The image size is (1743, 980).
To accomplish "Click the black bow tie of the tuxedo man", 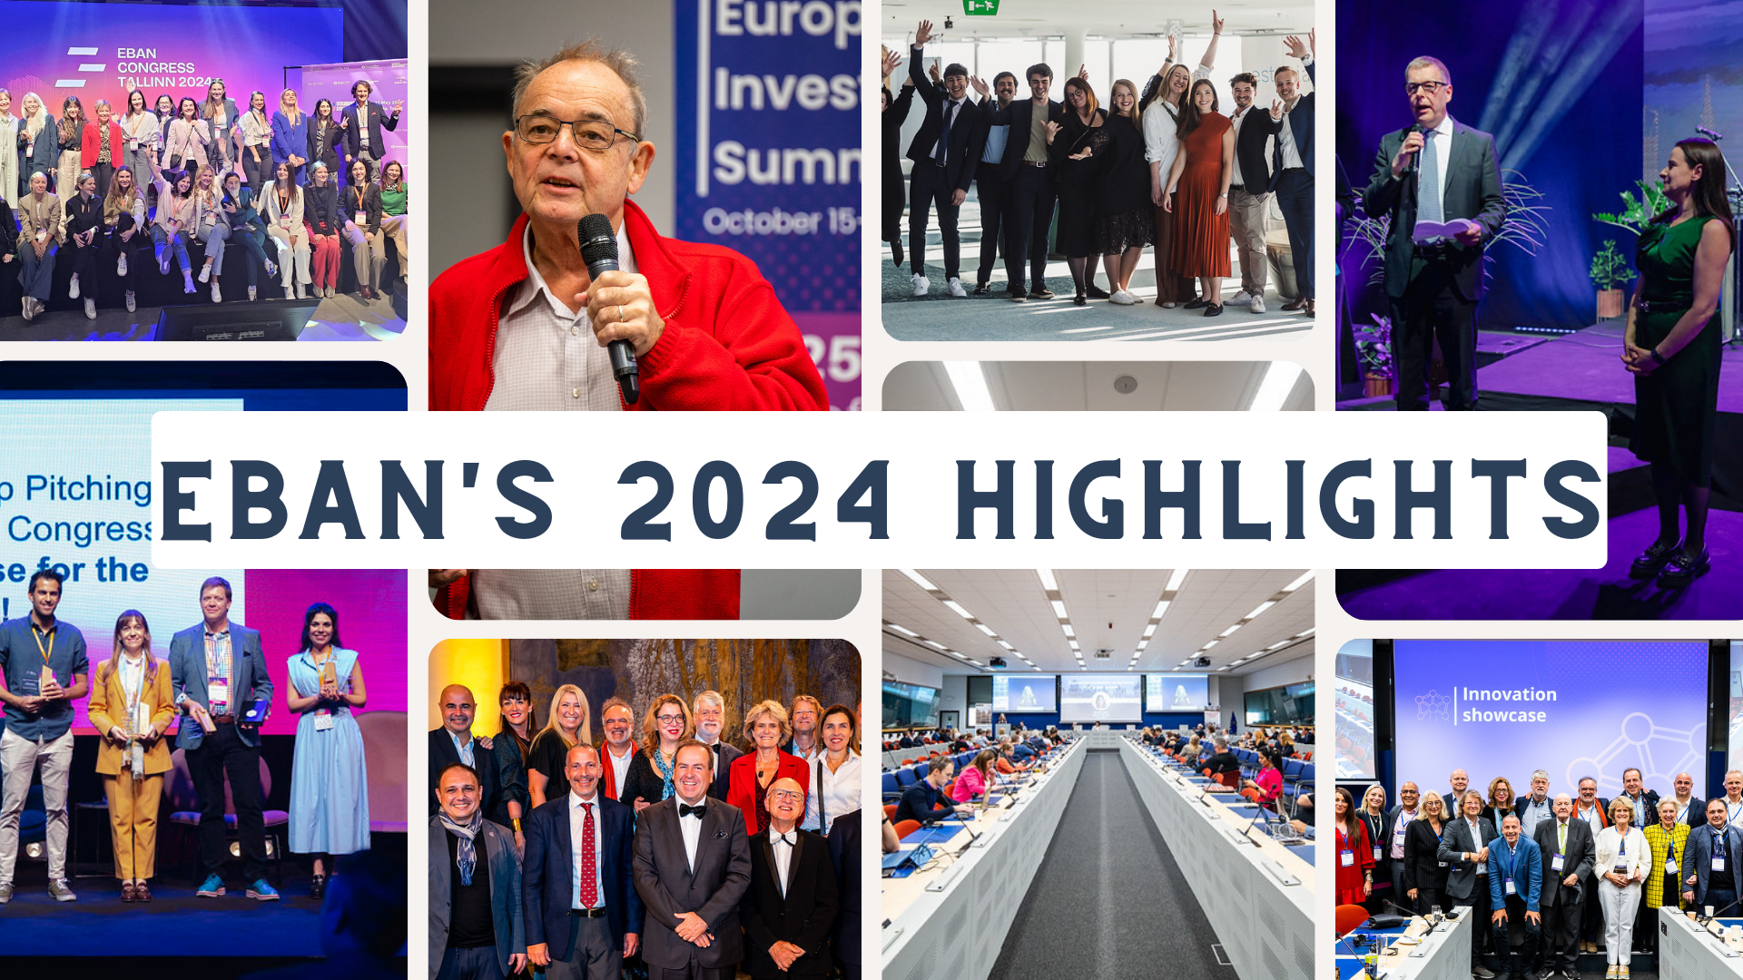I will [692, 810].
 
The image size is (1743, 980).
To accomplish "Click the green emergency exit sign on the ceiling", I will [980, 7].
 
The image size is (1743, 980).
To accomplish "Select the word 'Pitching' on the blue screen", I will [87, 489].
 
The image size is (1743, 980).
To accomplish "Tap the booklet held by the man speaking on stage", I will [1443, 230].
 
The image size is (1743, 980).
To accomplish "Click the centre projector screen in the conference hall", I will [1100, 697].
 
